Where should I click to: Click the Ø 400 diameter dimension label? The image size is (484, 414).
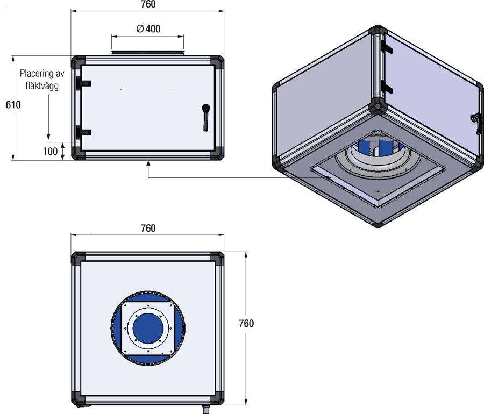click(148, 28)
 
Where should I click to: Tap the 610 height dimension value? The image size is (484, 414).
click(13, 105)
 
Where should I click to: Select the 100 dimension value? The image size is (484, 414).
click(50, 152)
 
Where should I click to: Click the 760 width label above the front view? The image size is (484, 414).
click(148, 4)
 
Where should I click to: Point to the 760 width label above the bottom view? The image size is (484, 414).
click(148, 229)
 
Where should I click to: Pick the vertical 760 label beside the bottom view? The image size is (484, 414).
click(246, 323)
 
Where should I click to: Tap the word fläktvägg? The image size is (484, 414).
click(42, 86)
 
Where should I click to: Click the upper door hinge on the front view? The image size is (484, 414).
click(83, 83)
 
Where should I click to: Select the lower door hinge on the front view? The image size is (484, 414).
click(83, 133)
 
